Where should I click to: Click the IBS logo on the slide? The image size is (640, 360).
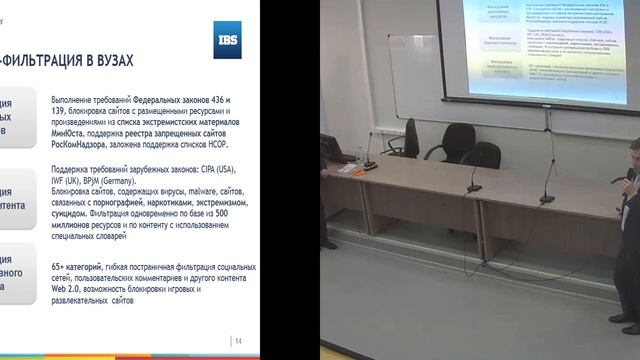coord(227,40)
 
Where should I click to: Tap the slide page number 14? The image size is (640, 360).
coord(238,343)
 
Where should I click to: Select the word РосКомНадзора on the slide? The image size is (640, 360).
coord(84,143)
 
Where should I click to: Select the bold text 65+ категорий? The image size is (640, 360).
coord(84,268)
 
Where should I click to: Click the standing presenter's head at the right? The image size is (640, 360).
coord(635,156)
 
